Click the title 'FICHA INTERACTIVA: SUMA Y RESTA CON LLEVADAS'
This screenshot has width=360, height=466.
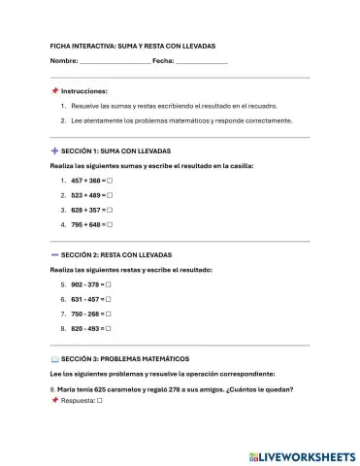pos(133,46)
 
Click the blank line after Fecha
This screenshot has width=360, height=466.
pos(201,62)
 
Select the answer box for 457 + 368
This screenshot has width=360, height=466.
pos(110,181)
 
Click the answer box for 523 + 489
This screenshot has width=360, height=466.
pos(110,195)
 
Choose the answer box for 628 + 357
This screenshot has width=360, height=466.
pos(110,210)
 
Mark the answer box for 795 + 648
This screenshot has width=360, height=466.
pos(110,224)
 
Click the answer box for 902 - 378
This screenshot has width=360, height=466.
pos(108,284)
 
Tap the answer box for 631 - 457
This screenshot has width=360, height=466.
pos(108,299)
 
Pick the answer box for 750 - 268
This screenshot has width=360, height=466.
pos(108,314)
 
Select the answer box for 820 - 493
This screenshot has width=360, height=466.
pos(108,328)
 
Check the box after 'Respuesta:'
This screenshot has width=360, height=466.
pos(100,399)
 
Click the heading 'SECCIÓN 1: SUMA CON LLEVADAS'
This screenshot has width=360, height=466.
pos(115,152)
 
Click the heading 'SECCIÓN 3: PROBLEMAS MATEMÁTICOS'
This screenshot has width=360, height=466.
pos(125,358)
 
